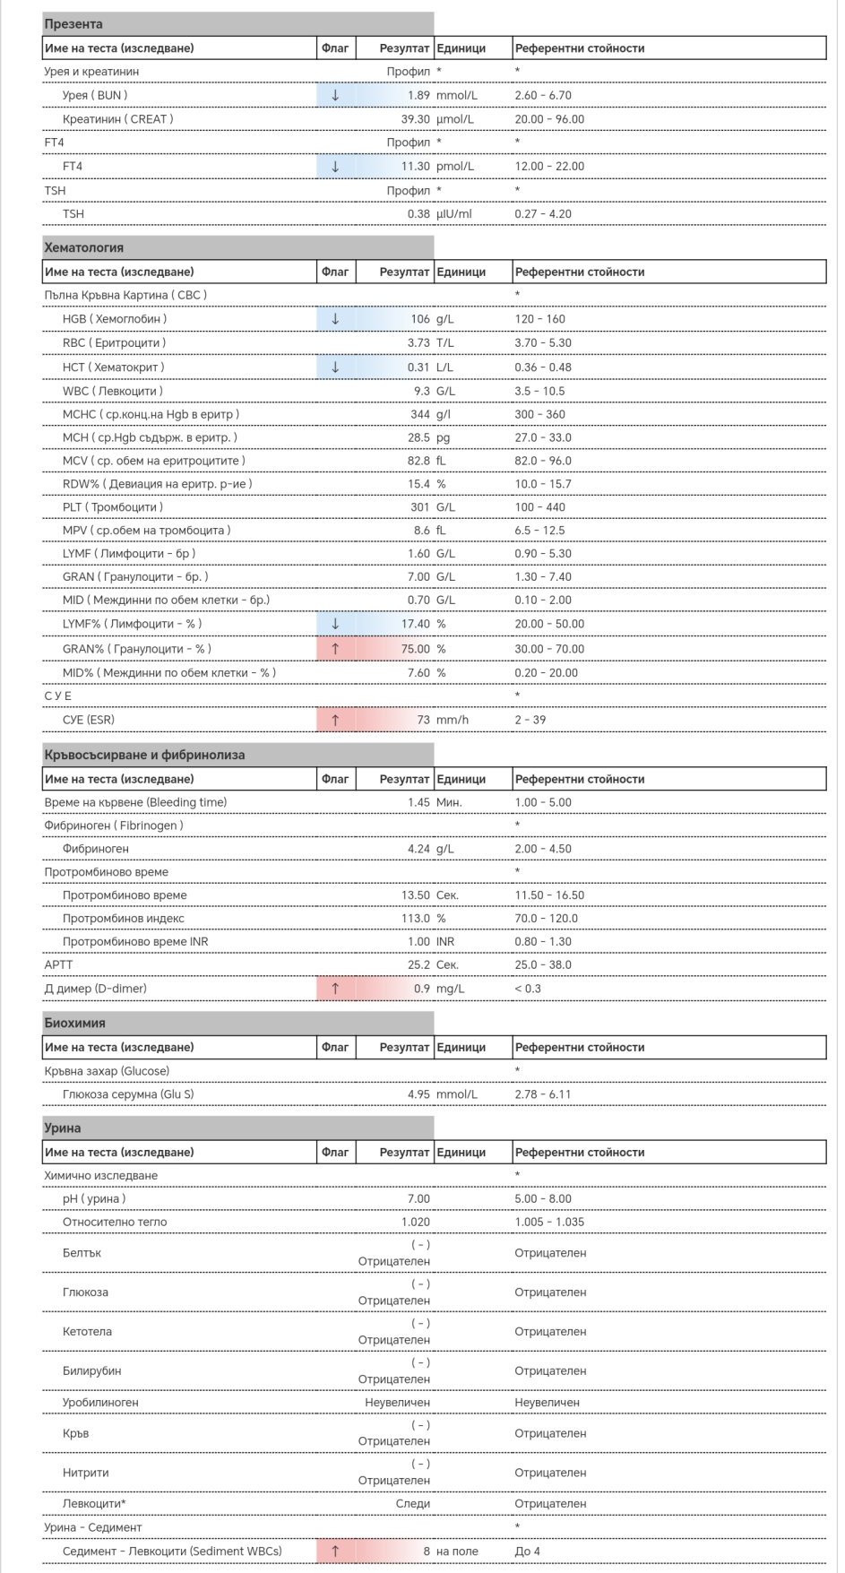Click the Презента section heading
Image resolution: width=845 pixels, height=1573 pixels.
pos(73,24)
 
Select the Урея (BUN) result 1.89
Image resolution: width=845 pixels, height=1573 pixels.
pos(418,95)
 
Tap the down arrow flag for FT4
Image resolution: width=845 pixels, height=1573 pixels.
pos(335,166)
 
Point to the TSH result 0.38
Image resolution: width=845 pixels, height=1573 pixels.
pos(418,214)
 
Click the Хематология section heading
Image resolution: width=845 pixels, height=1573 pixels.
pos(83,247)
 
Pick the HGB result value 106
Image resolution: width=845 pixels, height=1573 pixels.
pos(420,319)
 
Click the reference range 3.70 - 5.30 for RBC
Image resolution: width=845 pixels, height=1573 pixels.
pos(542,342)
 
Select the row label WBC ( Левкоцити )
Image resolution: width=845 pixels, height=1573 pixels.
pos(113,391)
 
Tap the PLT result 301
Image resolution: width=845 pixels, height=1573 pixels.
pos(420,507)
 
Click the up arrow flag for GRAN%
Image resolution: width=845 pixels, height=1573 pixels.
pos(335,649)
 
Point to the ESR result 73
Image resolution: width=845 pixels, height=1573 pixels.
pos(423,720)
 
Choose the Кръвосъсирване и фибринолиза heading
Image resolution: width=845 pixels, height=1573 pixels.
pos(144,755)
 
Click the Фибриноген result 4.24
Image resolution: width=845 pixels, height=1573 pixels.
pos(418,849)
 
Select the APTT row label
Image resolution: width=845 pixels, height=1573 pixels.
pos(58,965)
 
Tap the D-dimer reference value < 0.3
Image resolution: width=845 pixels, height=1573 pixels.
pos(528,989)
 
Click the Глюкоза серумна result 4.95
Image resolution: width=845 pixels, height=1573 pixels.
pos(418,1094)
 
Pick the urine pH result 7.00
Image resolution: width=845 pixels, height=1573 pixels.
pos(418,1199)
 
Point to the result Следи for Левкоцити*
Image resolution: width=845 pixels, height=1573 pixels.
pos(413,1504)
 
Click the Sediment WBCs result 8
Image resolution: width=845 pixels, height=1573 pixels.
pos(427,1551)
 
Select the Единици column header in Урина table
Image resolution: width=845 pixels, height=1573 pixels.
pos(461,1153)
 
